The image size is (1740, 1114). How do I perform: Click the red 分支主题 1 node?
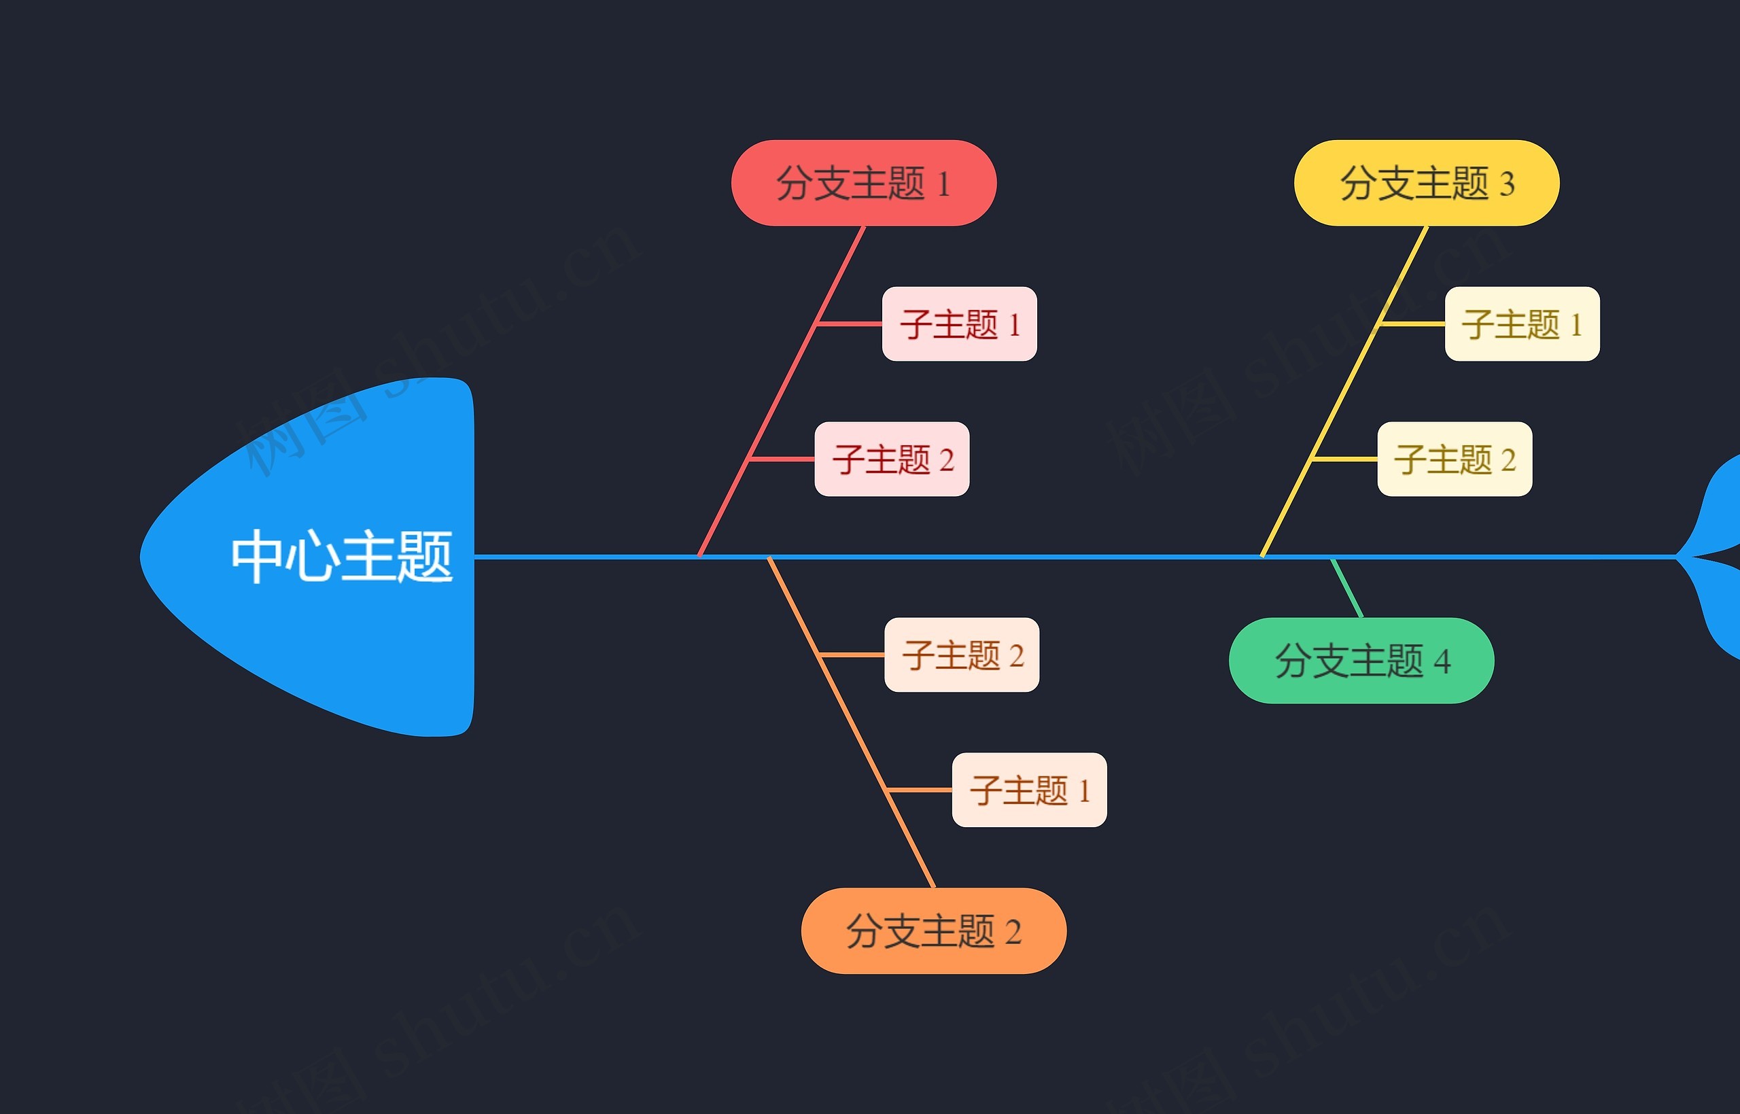[863, 183]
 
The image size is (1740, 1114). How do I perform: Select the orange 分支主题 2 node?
[934, 931]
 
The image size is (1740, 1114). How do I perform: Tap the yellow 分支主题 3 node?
[1426, 183]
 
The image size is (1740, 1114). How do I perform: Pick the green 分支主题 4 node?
[1361, 661]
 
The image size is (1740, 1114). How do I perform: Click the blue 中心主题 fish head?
[340, 557]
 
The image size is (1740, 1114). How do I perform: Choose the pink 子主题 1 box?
[959, 324]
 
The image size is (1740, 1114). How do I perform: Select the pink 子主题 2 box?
[892, 459]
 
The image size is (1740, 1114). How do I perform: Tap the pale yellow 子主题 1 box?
[1522, 324]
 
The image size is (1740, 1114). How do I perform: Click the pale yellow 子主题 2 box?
[1455, 459]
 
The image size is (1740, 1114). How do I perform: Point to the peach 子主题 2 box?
[962, 655]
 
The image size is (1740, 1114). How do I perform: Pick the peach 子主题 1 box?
[1029, 790]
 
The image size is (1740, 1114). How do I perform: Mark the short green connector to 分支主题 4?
[1346, 587]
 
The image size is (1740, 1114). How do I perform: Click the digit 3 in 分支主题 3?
[1507, 184]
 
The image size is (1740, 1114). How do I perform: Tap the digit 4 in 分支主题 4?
[1442, 662]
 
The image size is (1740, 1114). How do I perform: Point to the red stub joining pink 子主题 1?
[850, 324]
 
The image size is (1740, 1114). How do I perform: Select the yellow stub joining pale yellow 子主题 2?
[1345, 459]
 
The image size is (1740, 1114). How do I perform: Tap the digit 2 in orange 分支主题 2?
[1013, 933]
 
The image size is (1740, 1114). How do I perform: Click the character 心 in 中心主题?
[312, 557]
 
